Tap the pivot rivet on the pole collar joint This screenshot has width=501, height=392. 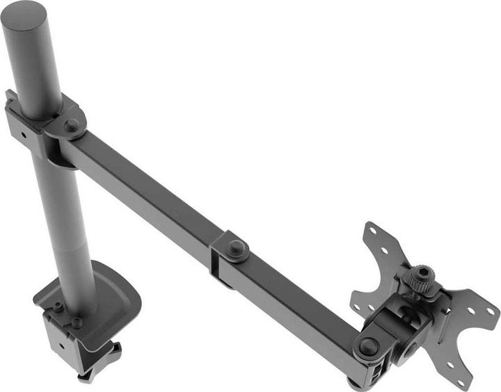(x=72, y=125)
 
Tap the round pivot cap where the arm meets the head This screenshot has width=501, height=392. (x=368, y=345)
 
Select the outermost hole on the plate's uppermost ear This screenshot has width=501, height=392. (x=372, y=232)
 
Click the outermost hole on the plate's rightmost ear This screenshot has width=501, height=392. (x=491, y=305)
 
